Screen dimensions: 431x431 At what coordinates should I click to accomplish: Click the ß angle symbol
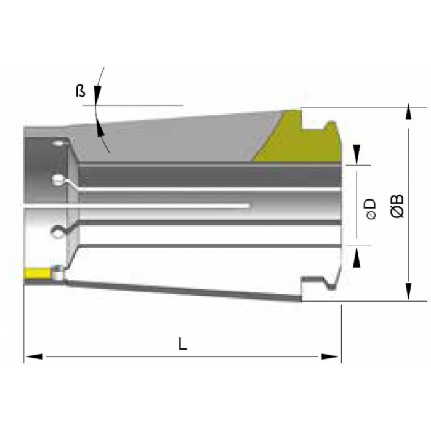pos(81,91)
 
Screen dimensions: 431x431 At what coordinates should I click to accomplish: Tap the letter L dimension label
pos(182,344)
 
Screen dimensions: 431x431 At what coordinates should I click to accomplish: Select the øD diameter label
pos(371,208)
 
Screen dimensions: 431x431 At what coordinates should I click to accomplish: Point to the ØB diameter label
pos(398,206)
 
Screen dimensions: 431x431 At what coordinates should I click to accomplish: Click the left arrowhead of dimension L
pos(34,356)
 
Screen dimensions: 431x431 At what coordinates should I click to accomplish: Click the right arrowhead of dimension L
pos(330,356)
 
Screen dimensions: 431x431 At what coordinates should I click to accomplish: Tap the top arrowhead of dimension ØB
pos(409,111)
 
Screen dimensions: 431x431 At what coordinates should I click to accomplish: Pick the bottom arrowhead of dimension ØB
pos(409,291)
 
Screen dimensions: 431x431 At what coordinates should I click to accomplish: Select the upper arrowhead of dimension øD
pos(356,155)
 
